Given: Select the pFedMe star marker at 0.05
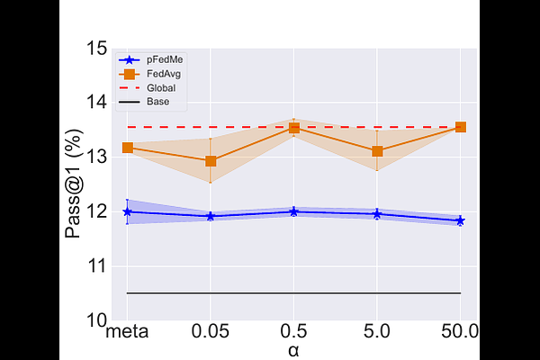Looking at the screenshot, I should [211, 216].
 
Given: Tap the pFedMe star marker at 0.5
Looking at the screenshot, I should [293, 211].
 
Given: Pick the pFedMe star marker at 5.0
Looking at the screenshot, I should [377, 213].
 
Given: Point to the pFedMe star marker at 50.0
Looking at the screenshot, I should [460, 220].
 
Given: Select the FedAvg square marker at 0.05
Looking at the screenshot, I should [211, 161].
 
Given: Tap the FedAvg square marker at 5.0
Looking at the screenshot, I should [377, 151].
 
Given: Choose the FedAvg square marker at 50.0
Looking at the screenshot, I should [460, 127].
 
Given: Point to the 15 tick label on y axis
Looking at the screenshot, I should [96, 48].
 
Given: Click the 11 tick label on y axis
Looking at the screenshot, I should [96, 266].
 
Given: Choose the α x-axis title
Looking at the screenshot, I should [293, 351].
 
